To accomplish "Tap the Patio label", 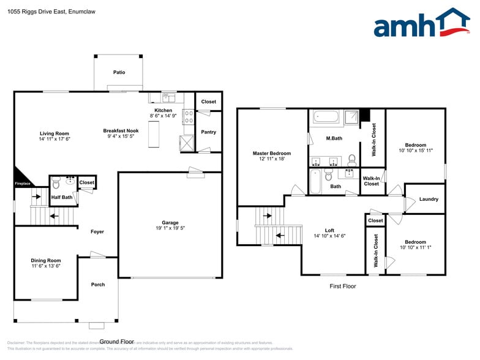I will [119, 72].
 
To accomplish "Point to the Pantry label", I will [209, 132].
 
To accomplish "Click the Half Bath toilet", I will [56, 182].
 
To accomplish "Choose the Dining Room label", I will [46, 260].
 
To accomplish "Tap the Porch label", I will [97, 284].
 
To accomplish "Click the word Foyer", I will [97, 231].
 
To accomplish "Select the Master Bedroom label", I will [272, 153].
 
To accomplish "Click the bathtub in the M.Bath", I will [325, 118].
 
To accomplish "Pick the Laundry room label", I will [429, 200].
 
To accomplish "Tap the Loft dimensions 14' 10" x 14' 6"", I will [330, 236].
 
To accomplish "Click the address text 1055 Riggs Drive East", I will [43, 11].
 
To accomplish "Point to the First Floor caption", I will [342, 286].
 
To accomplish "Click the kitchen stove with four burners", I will [189, 117].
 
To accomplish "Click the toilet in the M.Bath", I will [352, 160].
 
